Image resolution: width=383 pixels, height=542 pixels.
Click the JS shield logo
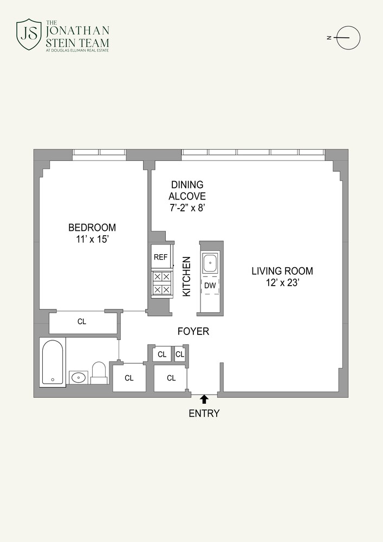[x=29, y=34]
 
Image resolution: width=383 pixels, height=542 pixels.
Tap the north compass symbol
[x=348, y=38]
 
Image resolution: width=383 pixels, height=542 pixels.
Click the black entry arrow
[x=204, y=399]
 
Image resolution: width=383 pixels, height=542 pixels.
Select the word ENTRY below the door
[x=204, y=414]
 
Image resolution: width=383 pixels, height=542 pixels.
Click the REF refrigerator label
[x=160, y=257]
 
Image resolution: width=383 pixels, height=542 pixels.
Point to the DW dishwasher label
[x=210, y=285]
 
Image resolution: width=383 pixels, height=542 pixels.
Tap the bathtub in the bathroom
[x=53, y=362]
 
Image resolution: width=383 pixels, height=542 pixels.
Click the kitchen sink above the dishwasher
[x=210, y=264]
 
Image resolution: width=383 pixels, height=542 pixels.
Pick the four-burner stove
[x=161, y=283]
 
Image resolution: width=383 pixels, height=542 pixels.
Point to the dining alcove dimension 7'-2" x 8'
[x=187, y=208]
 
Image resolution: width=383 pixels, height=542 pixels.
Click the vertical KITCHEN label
[x=186, y=276]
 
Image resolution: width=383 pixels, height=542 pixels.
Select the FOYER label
[x=193, y=331]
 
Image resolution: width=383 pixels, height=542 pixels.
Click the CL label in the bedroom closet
[x=82, y=322]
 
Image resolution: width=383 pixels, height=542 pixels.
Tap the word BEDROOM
[x=92, y=228]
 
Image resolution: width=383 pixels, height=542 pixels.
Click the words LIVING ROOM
[x=282, y=271]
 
